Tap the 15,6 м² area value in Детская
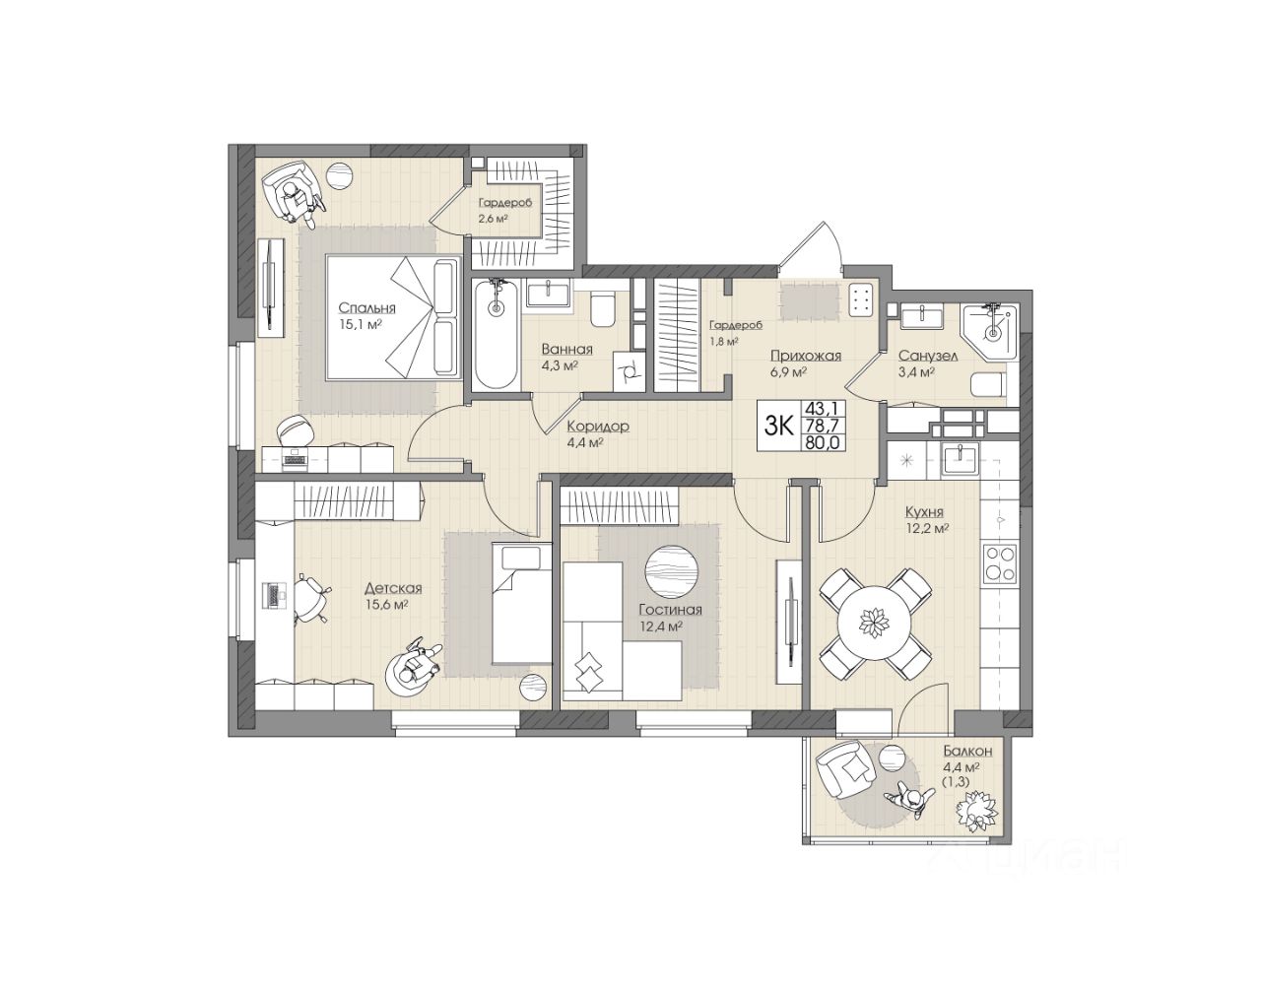[x=387, y=605]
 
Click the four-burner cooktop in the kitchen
[x=1000, y=562]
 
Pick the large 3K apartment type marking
[x=779, y=426]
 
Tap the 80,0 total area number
[x=823, y=443]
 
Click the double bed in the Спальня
[x=393, y=318]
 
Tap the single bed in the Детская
[x=521, y=603]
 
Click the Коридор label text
[x=598, y=427]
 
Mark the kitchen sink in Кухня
[x=961, y=460]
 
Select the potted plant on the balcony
[x=979, y=807]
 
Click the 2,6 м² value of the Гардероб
[x=494, y=218]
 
